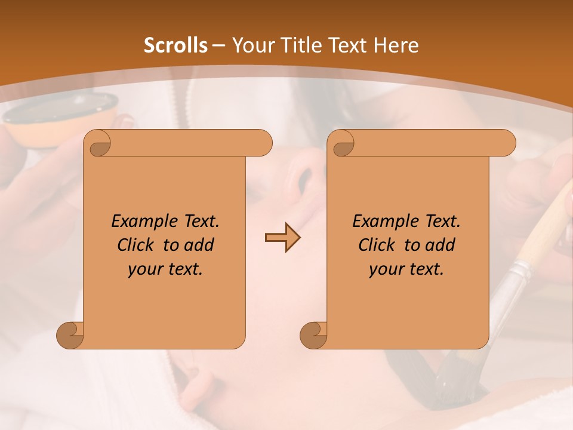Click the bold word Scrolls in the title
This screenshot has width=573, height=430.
[175, 45]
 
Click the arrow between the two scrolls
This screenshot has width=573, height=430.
[282, 238]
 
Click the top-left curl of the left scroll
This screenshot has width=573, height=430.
[98, 143]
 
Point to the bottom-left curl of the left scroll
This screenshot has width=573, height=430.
[70, 336]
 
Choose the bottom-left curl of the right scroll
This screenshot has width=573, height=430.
[314, 336]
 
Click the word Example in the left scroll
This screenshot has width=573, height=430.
[141, 222]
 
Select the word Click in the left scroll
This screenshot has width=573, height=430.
[135, 245]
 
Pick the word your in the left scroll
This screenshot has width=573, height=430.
[144, 269]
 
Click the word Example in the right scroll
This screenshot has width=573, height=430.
[382, 222]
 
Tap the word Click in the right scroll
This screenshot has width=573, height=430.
[377, 245]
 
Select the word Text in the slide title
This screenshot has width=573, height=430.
[346, 45]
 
